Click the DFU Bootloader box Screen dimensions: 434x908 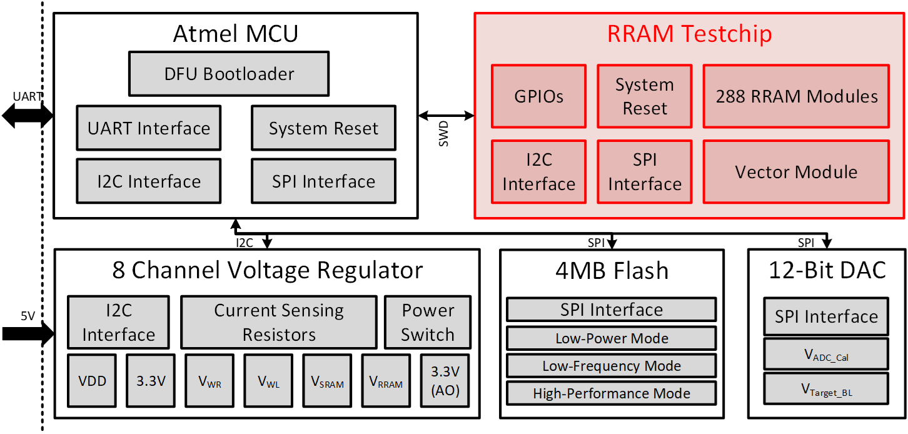pos(229,74)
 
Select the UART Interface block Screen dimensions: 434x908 pos(149,128)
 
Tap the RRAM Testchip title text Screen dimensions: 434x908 pos(689,34)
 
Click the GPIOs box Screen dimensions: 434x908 pos(538,96)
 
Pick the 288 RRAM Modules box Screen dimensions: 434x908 pos(796,96)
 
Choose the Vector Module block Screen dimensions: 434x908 pos(796,172)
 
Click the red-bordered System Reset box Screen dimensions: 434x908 pos(645,96)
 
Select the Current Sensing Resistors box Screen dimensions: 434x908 pos(279,322)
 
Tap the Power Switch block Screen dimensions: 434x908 pos(428,322)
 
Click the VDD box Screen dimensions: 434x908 pos(92,381)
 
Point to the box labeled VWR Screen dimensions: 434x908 pos(209,381)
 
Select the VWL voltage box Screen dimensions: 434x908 pos(268,381)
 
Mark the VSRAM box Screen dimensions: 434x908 pos(327,381)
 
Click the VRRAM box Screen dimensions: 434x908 pos(386,381)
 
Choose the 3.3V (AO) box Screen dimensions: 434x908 pos(445,381)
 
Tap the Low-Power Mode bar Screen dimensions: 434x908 pos(611,338)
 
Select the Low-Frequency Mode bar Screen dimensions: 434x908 pos(611,366)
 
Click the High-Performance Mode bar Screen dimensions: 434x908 pos(611,393)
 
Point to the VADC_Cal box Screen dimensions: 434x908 pos(826,354)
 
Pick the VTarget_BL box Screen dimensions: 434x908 pos(826,388)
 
